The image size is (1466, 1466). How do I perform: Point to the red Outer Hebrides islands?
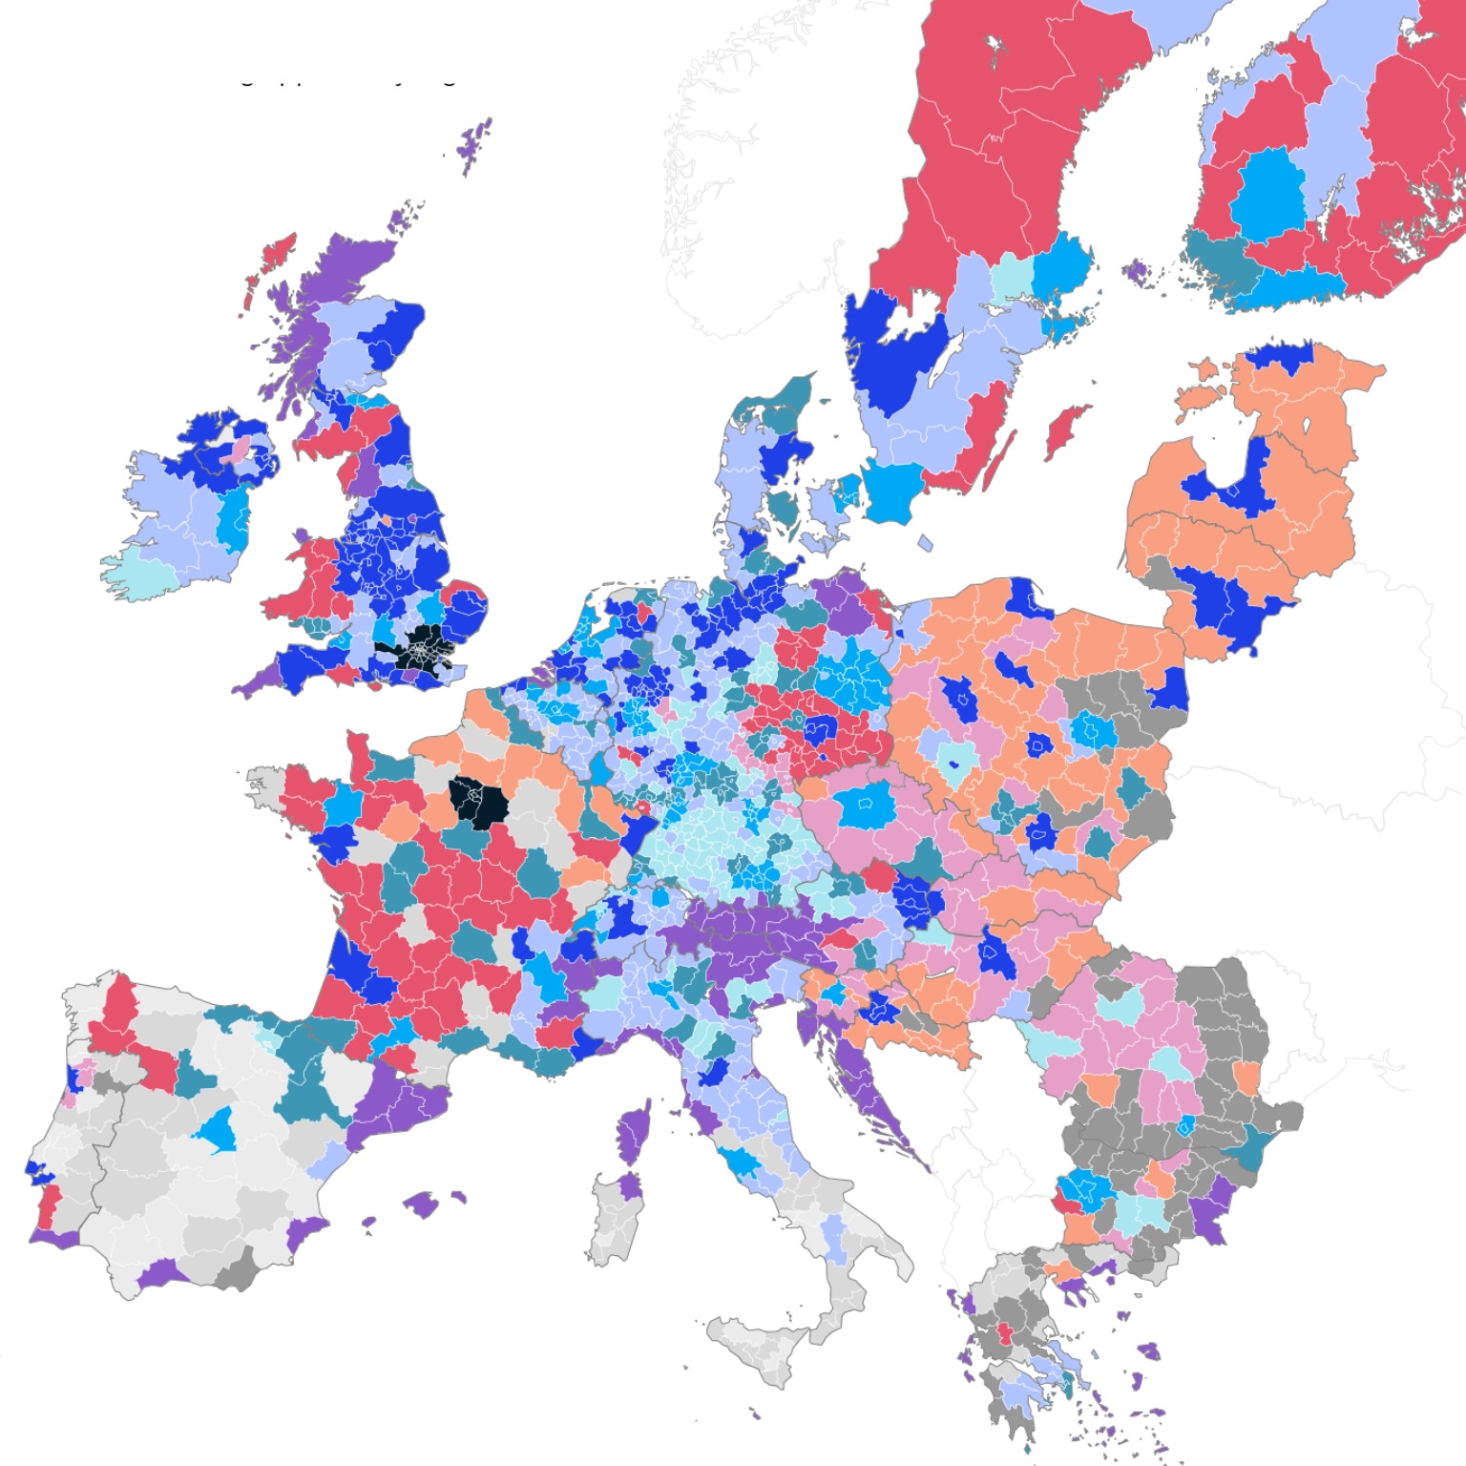pyautogui.click(x=272, y=258)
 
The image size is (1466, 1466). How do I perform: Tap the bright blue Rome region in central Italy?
pyautogui.click(x=740, y=1162)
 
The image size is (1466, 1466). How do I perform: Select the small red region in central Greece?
pyautogui.click(x=1005, y=1331)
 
